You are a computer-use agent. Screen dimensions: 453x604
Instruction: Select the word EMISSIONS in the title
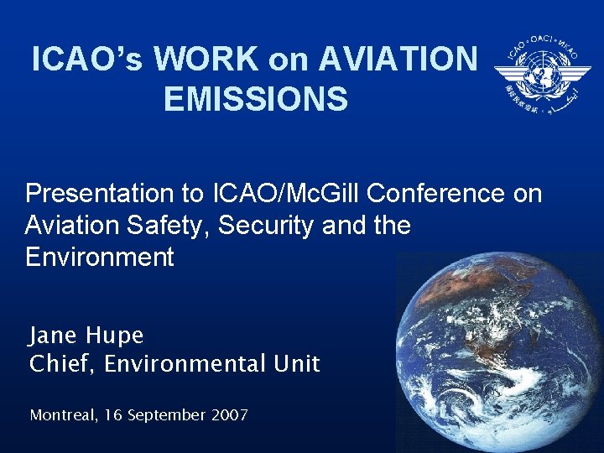coord(256,99)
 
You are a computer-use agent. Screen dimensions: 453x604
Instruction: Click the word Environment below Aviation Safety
coord(100,257)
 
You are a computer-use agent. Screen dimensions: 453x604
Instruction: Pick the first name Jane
coord(55,336)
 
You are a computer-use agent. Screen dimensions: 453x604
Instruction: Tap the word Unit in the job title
coord(298,364)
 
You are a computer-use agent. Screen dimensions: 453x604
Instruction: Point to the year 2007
coord(229,414)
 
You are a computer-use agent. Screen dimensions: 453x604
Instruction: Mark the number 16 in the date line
coord(113,414)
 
